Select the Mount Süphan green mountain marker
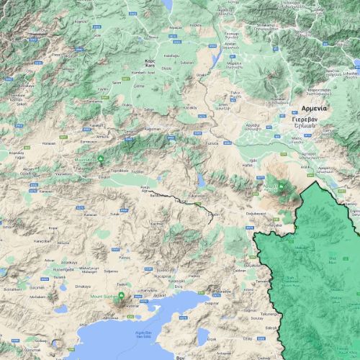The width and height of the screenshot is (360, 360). [x=121, y=296]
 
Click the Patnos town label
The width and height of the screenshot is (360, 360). [x=125, y=256]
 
